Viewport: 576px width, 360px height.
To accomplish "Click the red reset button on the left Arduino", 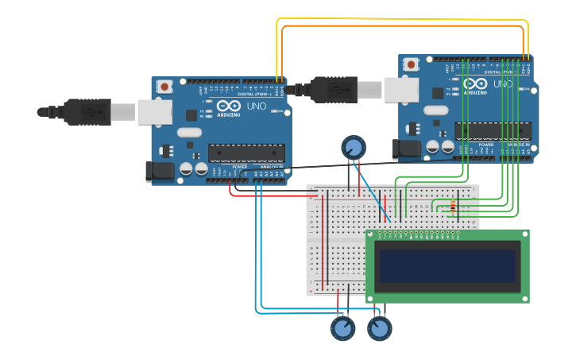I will pyautogui.click(x=164, y=86).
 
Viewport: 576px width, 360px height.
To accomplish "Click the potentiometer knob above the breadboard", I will pyautogui.click(x=354, y=147).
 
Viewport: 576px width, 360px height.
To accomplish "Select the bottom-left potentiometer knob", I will pyautogui.click(x=343, y=327).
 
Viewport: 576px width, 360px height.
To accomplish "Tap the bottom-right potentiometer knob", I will pyautogui.click(x=380, y=327).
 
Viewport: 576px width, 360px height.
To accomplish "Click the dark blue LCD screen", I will pyautogui.click(x=448, y=266).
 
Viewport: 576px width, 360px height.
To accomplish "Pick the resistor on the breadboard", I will pyautogui.click(x=453, y=207).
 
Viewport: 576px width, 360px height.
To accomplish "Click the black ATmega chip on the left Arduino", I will pyautogui.click(x=246, y=153).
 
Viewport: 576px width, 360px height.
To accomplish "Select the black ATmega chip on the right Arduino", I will pyautogui.click(x=493, y=131).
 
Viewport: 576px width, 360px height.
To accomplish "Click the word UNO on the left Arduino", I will pyautogui.click(x=257, y=106).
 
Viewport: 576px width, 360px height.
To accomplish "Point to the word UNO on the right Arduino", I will pyautogui.click(x=503, y=83).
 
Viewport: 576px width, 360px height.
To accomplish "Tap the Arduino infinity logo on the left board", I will pyautogui.click(x=229, y=106).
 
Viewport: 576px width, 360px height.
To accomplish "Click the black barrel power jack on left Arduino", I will pyautogui.click(x=160, y=171).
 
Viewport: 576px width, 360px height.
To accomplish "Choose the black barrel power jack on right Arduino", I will pyautogui.click(x=407, y=148).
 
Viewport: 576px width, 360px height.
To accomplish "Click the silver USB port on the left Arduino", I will pyautogui.click(x=154, y=112).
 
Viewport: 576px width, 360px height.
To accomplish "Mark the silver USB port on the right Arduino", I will pyautogui.click(x=401, y=90).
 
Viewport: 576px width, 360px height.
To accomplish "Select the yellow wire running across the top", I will pyautogui.click(x=397, y=19).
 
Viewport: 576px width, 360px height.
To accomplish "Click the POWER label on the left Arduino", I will pyautogui.click(x=239, y=167).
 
